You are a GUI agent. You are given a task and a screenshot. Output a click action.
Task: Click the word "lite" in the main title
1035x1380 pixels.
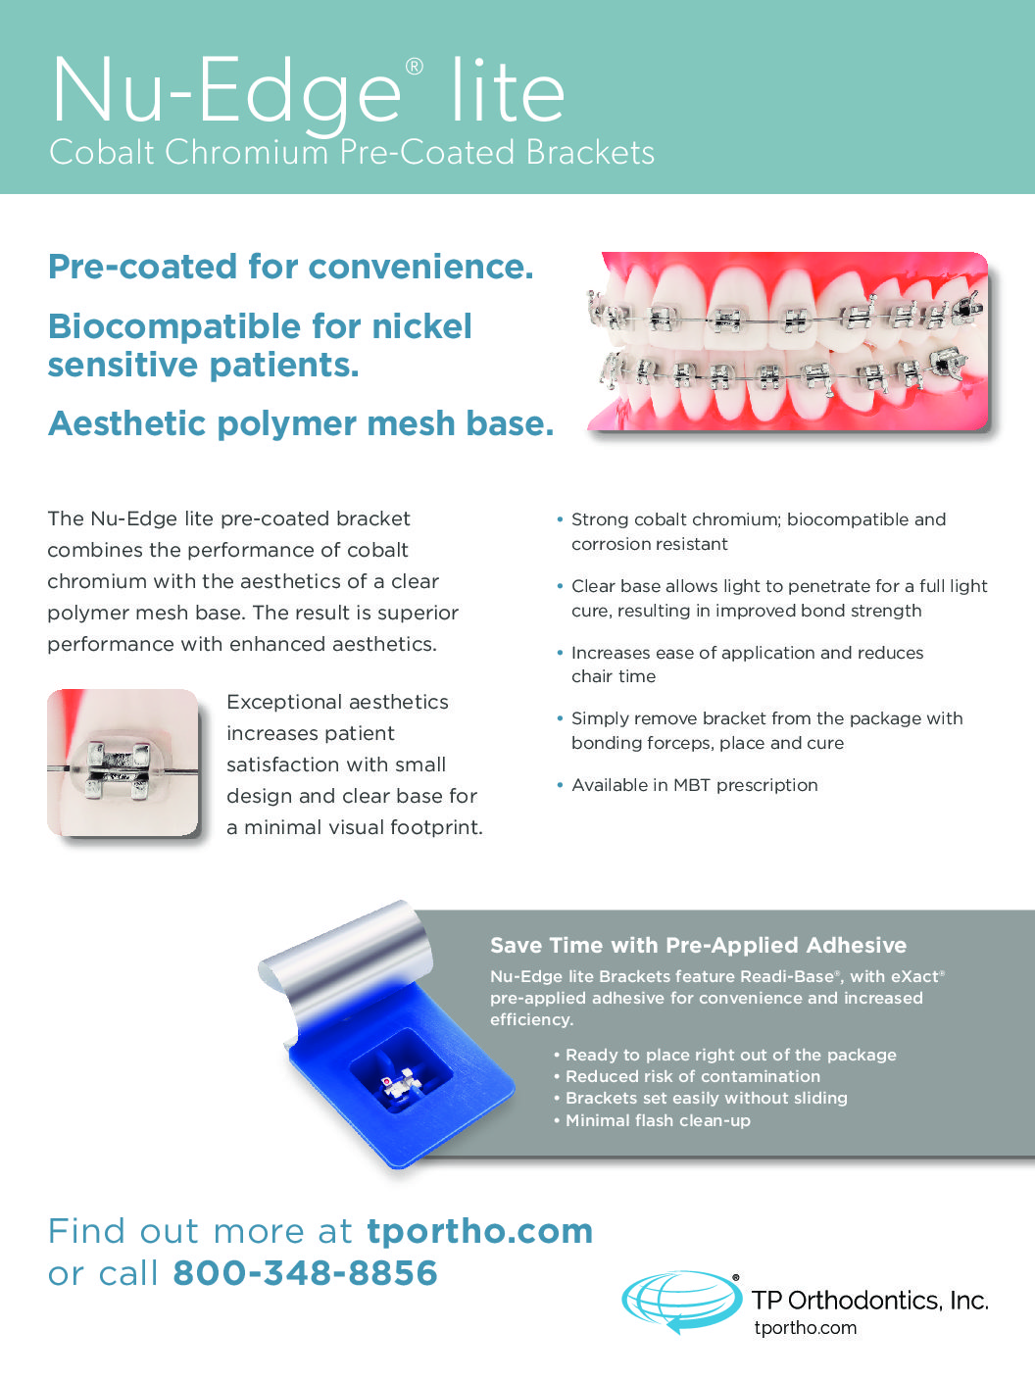tap(508, 90)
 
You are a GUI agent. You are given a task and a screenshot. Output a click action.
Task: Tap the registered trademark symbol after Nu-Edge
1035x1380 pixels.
tap(415, 66)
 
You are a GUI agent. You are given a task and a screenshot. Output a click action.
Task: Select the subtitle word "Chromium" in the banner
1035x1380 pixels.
tap(246, 152)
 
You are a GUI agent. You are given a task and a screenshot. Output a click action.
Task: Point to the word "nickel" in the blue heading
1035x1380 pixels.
tap(421, 326)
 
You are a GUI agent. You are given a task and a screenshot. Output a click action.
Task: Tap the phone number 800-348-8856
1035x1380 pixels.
tap(305, 1272)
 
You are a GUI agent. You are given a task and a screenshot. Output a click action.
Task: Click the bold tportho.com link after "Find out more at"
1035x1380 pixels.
tap(480, 1230)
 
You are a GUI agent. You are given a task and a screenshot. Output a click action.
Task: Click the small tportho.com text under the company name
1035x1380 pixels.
tap(805, 1327)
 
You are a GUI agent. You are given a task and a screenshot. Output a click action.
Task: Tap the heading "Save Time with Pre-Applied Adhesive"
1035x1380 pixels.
tap(698, 945)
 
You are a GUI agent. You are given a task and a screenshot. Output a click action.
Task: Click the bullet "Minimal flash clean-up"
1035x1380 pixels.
tap(653, 1120)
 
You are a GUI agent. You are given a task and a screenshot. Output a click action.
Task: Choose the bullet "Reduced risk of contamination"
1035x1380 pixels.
tap(687, 1076)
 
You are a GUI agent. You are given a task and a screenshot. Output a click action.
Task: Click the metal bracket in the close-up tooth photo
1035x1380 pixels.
tap(118, 769)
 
